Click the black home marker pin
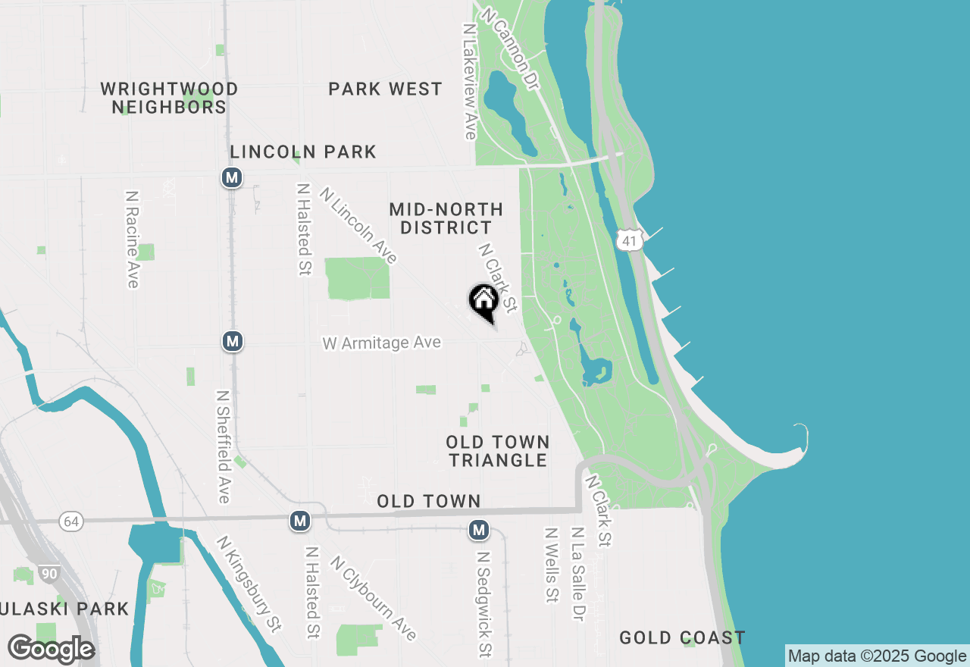click(x=483, y=302)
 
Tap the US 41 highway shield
click(x=630, y=240)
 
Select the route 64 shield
click(x=70, y=521)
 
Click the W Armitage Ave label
click(x=381, y=343)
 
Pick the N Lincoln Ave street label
click(x=358, y=225)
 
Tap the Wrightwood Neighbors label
click(x=169, y=99)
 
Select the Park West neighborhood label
click(x=385, y=89)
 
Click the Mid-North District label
click(x=446, y=218)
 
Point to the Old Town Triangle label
click(x=497, y=451)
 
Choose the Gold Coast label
click(x=682, y=637)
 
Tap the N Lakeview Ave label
click(x=469, y=81)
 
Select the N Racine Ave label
click(x=133, y=239)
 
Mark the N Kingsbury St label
click(x=249, y=584)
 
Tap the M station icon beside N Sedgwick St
click(x=478, y=530)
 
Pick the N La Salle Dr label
click(x=578, y=575)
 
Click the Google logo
click(x=51, y=650)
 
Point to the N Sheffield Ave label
click(x=224, y=447)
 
